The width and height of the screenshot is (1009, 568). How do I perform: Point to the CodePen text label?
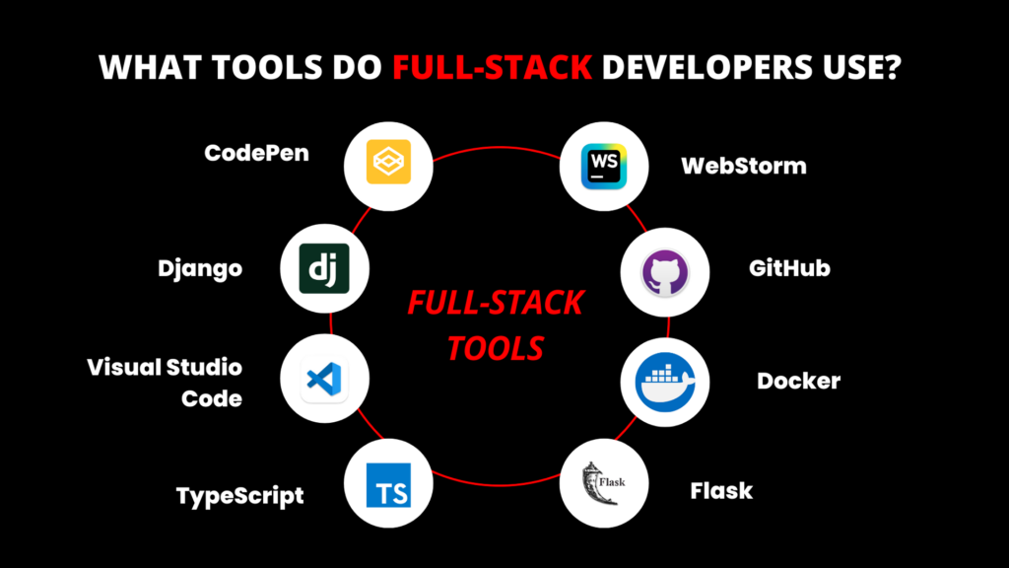click(x=256, y=154)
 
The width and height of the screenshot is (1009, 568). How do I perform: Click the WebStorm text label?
click(x=744, y=166)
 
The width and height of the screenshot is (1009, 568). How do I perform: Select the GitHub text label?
click(x=789, y=267)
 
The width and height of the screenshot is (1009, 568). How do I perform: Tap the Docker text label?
click(x=798, y=381)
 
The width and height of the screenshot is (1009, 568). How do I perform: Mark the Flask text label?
click(x=721, y=490)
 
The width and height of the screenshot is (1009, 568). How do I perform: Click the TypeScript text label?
click(x=239, y=495)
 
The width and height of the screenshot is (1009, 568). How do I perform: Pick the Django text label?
click(x=200, y=268)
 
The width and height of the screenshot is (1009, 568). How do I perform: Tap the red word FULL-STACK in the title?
click(x=492, y=69)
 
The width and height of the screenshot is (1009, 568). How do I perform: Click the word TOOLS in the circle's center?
click(x=496, y=348)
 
